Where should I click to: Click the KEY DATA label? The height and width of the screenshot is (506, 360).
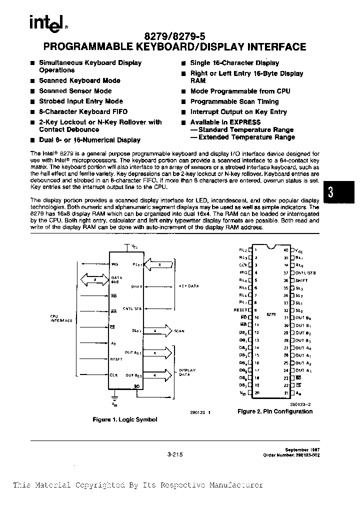(x=188, y=286)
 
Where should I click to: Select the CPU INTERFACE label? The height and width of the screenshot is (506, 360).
(x=61, y=318)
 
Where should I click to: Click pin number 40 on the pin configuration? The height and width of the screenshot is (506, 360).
(x=286, y=249)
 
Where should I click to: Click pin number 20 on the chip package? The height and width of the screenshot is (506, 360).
(x=256, y=393)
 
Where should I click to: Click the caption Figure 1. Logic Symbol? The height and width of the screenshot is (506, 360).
(x=125, y=419)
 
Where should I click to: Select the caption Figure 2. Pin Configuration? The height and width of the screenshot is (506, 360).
(x=274, y=411)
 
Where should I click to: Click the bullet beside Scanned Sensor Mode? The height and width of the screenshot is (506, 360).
(x=32, y=91)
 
